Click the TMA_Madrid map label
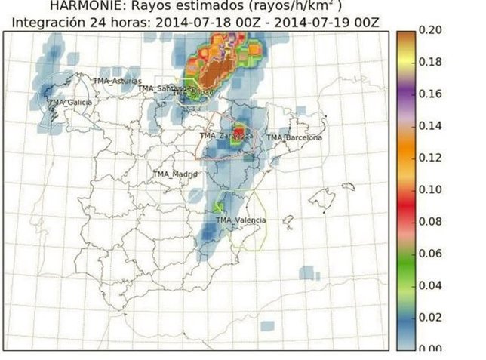point(174,174)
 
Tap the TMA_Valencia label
point(241,220)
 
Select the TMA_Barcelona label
point(294,138)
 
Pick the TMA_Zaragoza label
point(226,136)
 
